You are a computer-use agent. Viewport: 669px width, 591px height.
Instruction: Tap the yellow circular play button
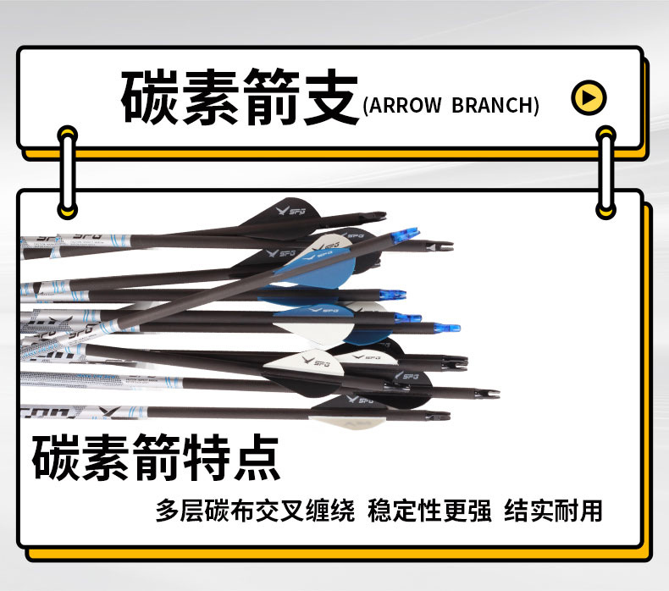click(x=589, y=97)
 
